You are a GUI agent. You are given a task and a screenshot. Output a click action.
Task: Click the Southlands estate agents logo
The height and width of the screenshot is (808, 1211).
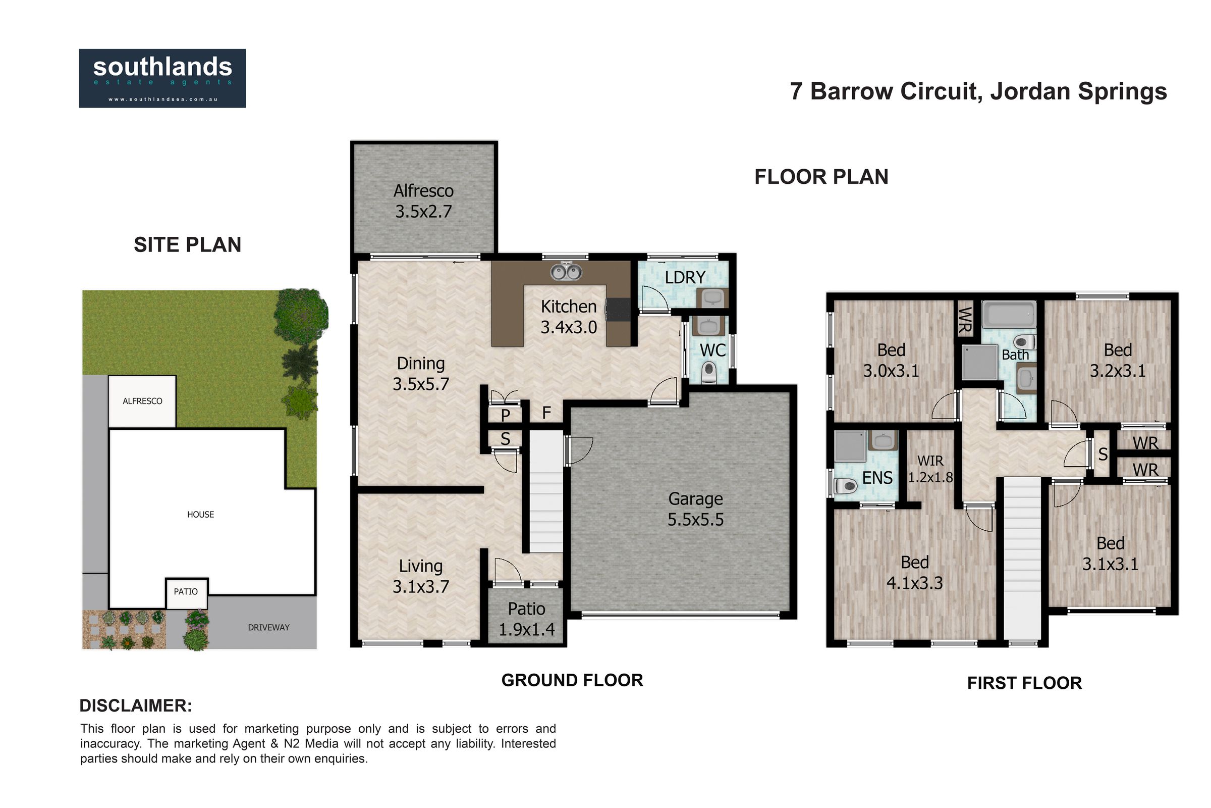pos(162,78)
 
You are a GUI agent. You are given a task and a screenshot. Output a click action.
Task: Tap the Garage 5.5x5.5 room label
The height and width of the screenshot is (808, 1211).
pos(696,509)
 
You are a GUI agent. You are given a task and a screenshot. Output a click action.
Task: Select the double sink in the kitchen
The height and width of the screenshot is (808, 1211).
pos(566,272)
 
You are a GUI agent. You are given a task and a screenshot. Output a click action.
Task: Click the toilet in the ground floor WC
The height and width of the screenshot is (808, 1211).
pos(709,372)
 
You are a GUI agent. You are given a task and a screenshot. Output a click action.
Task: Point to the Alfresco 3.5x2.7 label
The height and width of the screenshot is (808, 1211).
pos(424,201)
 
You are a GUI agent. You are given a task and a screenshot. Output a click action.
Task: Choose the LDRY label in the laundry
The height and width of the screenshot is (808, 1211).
pos(685,278)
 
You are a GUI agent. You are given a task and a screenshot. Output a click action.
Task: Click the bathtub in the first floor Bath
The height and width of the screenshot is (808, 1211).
pos(1009,314)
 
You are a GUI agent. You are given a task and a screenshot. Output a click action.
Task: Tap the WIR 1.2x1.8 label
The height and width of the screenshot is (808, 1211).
pos(930,469)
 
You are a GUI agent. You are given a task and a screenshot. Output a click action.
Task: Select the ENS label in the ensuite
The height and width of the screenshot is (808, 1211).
pos(877,478)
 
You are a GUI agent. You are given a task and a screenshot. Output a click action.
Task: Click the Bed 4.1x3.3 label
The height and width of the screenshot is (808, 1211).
pos(914,573)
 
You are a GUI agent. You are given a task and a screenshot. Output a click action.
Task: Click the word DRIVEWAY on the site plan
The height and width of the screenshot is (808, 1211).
pos(269,628)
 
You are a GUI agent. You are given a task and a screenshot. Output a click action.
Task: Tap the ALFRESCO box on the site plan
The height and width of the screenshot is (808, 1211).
pos(142,401)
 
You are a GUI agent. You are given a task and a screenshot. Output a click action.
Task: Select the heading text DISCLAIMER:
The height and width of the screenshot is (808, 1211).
pos(135,705)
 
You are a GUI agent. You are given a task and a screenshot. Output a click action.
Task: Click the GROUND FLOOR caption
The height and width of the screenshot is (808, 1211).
pos(572,680)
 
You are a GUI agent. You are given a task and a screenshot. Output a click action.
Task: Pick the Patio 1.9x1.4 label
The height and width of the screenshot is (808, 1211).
pos(527,620)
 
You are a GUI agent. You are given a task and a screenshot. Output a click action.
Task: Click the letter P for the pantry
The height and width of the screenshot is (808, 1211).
pos(506,415)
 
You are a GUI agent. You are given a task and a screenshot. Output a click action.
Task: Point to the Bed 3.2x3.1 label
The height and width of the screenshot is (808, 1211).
pos(1118,360)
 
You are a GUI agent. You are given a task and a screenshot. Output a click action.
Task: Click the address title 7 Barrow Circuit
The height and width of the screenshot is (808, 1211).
pos(884,91)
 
